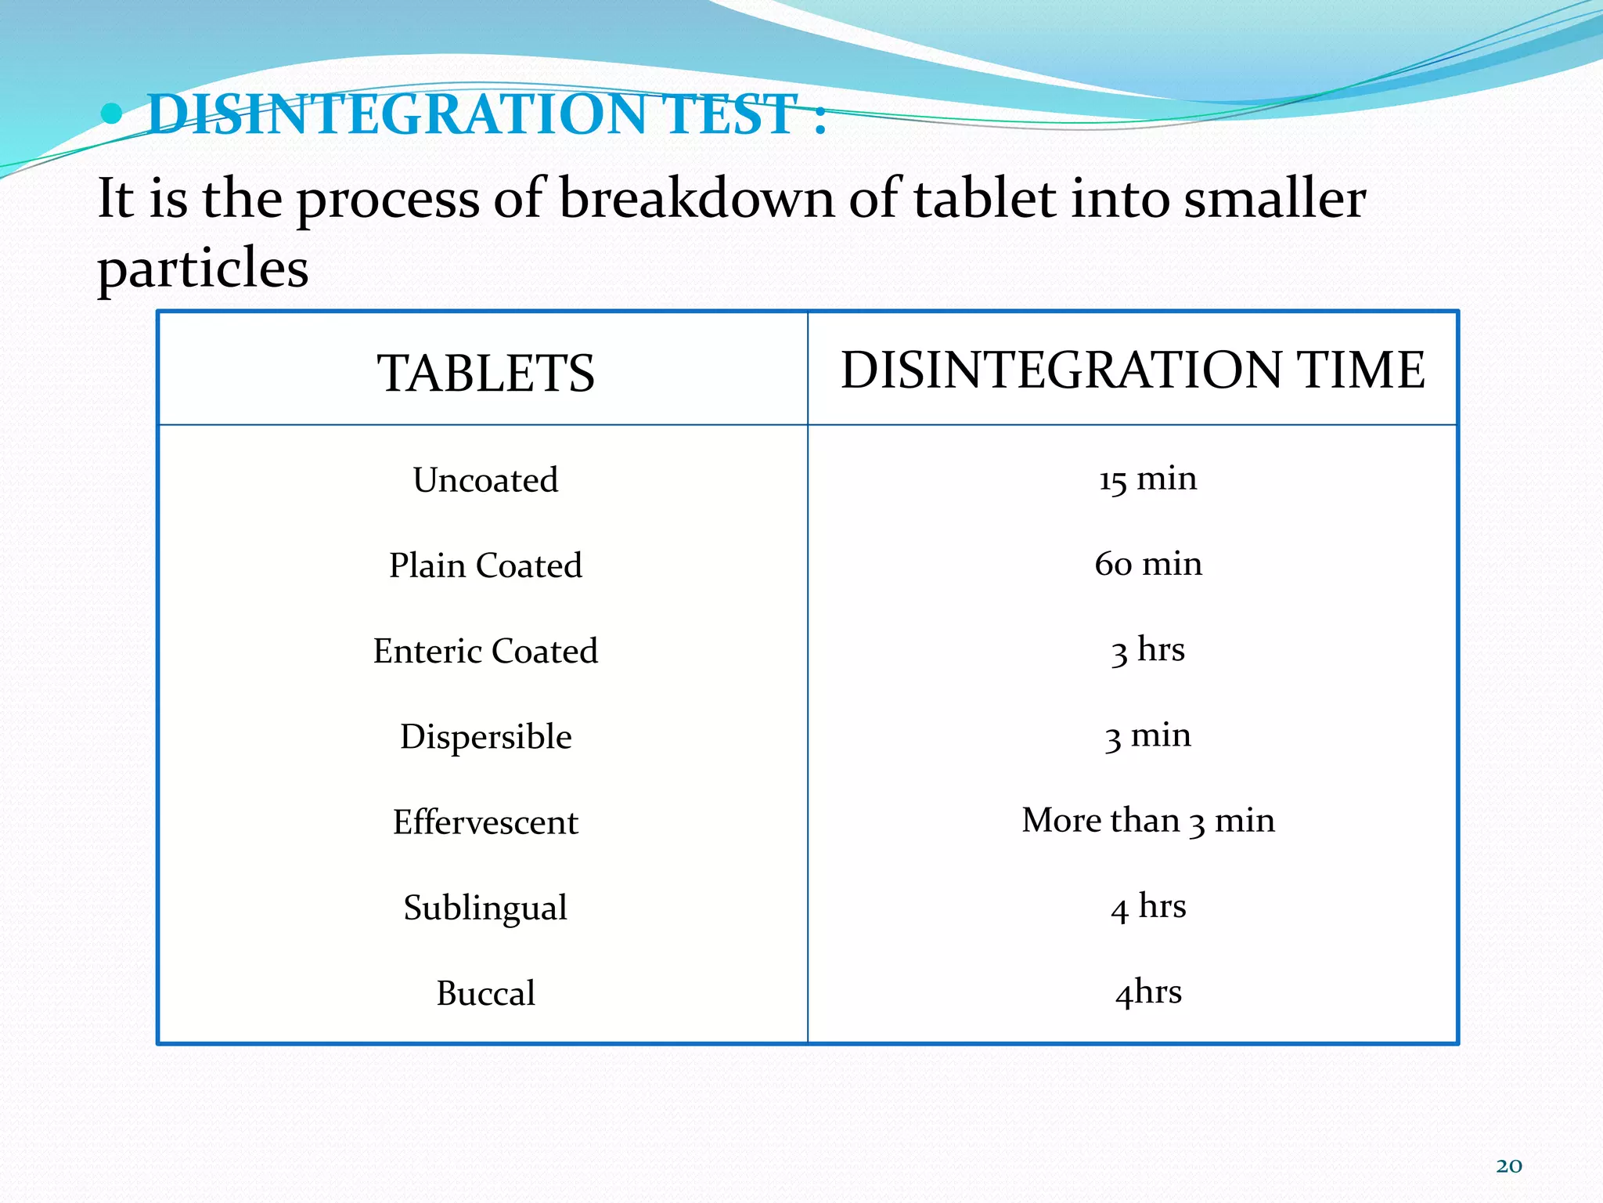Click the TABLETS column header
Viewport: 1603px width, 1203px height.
pos(485,373)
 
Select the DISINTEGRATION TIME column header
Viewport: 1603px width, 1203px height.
pos(1133,370)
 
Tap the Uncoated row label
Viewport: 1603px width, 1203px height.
pos(485,480)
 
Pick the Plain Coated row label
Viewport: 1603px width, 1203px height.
pos(485,565)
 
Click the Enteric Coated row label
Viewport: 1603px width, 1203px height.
pos(485,651)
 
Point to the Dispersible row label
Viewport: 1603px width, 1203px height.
pos(485,737)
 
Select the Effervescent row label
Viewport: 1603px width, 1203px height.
pos(485,822)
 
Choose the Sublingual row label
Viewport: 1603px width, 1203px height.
pos(485,908)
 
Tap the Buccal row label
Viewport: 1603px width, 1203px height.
pos(485,993)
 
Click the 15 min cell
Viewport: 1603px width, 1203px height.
pos(1147,479)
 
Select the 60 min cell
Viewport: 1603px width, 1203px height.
pos(1147,564)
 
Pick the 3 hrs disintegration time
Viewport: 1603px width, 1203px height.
pos(1147,650)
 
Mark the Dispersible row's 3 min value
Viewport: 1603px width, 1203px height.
pos(1147,735)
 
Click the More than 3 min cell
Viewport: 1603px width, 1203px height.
pos(1147,821)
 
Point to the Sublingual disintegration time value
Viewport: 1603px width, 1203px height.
pos(1147,906)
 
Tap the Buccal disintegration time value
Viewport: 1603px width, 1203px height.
pos(1147,992)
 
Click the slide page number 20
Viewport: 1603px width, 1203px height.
pos(1509,1166)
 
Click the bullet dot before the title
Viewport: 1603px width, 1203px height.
pos(112,114)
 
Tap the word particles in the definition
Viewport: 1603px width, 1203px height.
pos(203,269)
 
